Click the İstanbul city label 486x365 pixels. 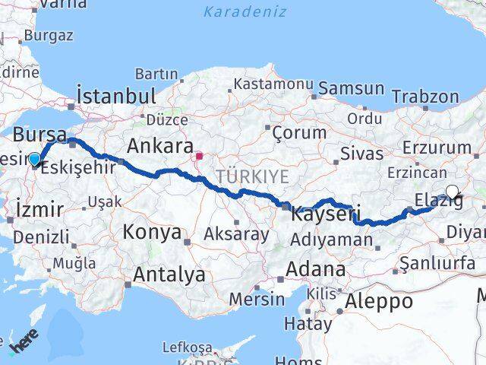tap(116, 97)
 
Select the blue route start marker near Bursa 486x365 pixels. tap(34, 159)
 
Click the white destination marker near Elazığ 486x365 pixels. tap(453, 192)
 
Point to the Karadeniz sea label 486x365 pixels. tap(245, 11)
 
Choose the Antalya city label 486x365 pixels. tap(169, 274)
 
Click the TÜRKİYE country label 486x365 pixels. tap(251, 176)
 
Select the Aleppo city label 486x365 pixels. tap(379, 301)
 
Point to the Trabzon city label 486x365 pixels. tap(425, 97)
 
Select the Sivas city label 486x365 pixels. tap(362, 154)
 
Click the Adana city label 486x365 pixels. tap(316, 269)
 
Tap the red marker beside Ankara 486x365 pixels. tap(199, 157)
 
